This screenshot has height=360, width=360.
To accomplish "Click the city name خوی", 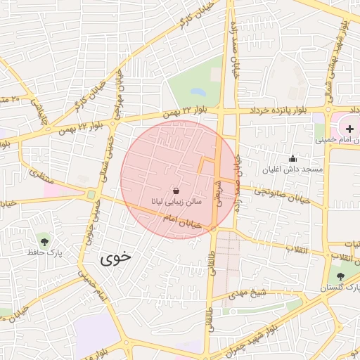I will click(116, 257).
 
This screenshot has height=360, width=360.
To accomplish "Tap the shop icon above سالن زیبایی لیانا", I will click(176, 191).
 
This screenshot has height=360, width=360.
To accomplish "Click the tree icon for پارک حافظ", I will click(45, 240).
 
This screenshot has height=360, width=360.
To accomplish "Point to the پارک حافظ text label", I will click(45, 252).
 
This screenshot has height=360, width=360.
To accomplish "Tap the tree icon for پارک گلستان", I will click(340, 276).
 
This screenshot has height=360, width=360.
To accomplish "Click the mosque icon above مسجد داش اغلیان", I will click(292, 159).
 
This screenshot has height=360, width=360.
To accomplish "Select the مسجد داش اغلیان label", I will click(293, 170).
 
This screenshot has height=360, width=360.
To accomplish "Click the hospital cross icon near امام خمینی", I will click(349, 129).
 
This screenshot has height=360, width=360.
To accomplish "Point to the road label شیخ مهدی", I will click(250, 292).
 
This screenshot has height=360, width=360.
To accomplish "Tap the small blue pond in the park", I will click(198, 92).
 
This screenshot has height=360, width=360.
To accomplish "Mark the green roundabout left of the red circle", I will click(91, 195).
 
